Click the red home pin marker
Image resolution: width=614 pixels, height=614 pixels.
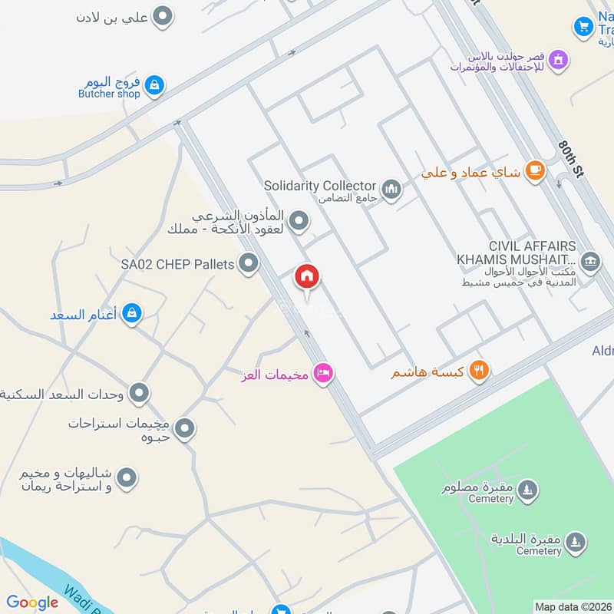coord(307,278)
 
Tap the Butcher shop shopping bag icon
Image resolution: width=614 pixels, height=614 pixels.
coord(154,85)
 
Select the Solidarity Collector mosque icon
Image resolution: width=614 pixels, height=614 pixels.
coord(391,188)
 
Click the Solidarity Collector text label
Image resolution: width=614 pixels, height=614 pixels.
coord(320,186)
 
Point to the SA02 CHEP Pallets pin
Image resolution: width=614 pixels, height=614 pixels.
coord(248,265)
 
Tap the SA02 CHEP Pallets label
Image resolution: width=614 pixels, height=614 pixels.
coord(177,265)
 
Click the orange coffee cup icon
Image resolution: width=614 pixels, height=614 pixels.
coord(535,172)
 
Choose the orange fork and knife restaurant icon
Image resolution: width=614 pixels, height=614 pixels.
coord(479,371)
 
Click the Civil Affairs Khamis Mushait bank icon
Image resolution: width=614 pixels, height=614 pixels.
coord(589,261)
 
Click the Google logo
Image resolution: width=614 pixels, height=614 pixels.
coord(32,602)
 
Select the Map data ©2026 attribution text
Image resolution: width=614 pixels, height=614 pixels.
coord(572,606)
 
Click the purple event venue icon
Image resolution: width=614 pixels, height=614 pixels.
coord(559,58)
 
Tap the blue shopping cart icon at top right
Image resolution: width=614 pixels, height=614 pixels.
coord(583,28)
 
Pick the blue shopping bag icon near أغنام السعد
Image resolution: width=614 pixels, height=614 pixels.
coord(132,313)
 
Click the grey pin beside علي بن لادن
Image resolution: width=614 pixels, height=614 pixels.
coord(162,15)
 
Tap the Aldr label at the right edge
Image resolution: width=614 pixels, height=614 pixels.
coord(602,351)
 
